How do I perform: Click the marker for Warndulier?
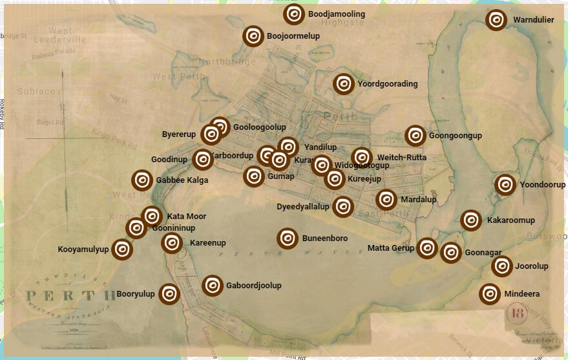(496, 19)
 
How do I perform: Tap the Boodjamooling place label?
(336, 14)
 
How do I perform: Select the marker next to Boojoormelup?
(253, 36)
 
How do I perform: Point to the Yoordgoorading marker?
(344, 84)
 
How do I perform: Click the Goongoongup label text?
(455, 136)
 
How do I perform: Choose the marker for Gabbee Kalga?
(142, 180)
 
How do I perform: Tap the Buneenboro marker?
(288, 238)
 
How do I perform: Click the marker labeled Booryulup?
(169, 294)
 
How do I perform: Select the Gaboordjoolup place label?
(253, 285)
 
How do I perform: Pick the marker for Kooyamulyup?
(121, 249)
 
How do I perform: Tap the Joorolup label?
(531, 266)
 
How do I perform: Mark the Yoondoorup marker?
(505, 185)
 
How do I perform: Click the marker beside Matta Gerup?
(427, 248)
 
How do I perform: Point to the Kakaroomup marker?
(472, 220)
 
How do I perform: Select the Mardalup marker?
(386, 200)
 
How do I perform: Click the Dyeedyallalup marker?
(343, 207)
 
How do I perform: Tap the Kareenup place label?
(207, 243)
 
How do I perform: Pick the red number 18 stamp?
(517, 313)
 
